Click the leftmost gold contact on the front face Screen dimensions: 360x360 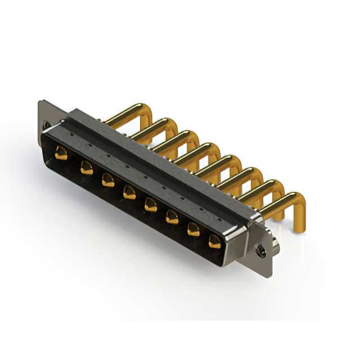point(61,153)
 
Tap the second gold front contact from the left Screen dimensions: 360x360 point(86,166)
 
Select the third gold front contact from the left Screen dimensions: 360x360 point(107,179)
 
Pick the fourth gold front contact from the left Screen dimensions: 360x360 point(129,192)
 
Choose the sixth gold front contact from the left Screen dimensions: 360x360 point(172,217)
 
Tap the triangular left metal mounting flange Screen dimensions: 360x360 point(48,115)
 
